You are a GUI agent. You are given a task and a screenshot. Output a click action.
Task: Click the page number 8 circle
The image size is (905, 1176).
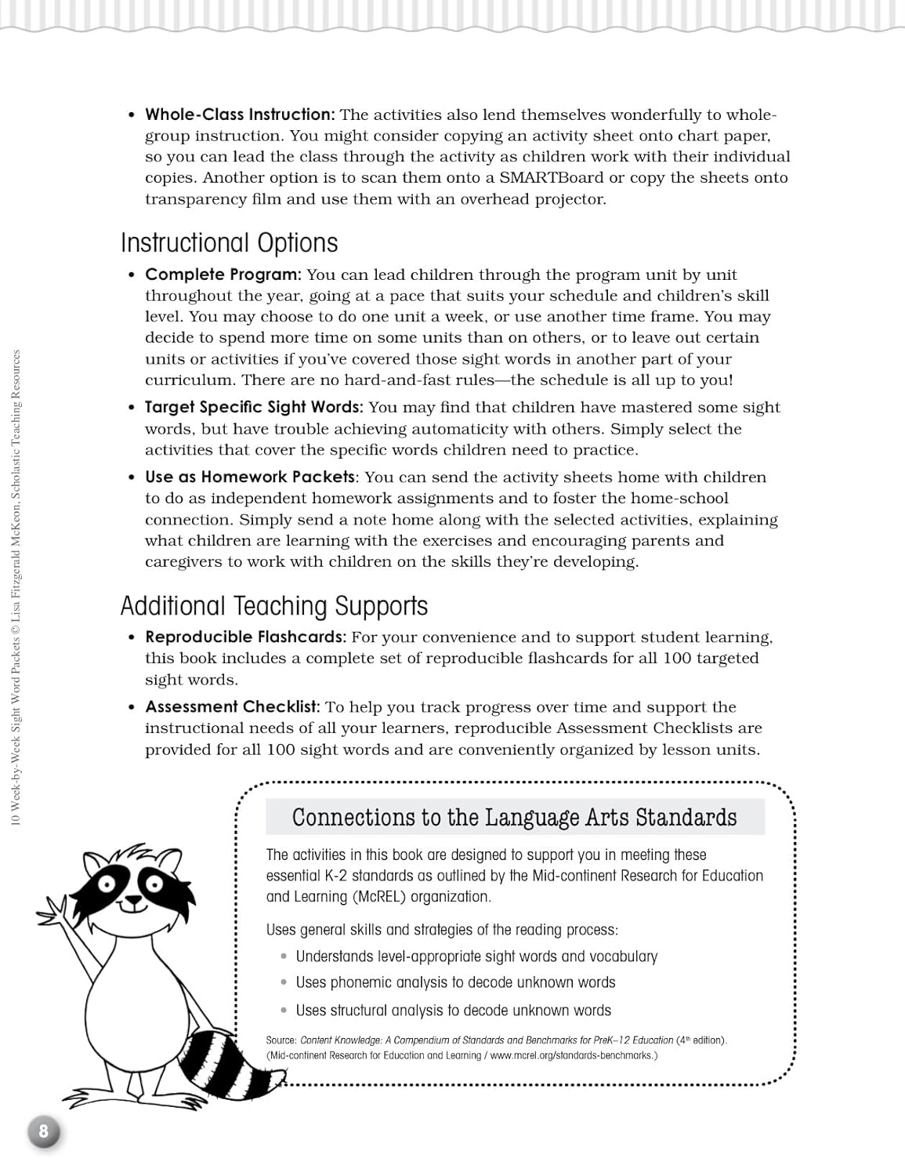click(44, 1131)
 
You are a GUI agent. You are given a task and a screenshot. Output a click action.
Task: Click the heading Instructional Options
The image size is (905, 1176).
click(229, 243)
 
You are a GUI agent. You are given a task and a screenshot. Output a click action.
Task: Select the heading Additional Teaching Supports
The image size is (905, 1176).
click(273, 606)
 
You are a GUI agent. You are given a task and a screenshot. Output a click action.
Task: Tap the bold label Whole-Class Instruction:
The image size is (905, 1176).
click(240, 114)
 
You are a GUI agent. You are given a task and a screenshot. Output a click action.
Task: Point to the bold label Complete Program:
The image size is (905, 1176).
click(223, 274)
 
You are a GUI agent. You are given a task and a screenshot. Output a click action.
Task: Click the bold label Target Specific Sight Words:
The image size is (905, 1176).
click(254, 407)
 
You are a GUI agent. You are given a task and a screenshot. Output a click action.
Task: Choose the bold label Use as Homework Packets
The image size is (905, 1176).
click(250, 477)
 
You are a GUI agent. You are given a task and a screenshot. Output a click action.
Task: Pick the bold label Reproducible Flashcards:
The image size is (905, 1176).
click(245, 637)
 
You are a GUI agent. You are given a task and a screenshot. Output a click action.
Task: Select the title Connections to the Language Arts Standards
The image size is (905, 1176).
click(514, 817)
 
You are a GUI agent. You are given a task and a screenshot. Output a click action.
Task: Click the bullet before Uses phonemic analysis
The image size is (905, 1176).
click(284, 982)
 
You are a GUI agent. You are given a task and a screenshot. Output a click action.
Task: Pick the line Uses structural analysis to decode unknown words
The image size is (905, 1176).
click(453, 1011)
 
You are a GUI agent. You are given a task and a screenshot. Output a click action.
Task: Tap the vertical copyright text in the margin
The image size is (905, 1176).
click(16, 588)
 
